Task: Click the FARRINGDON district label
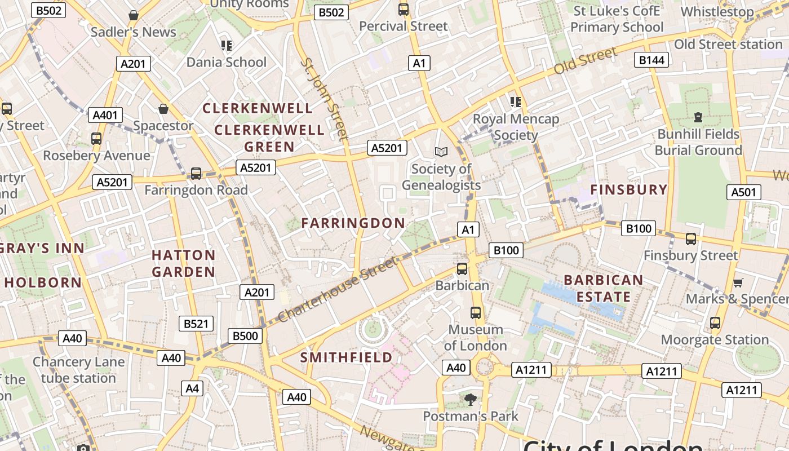[x=353, y=223]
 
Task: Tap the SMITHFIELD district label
[x=346, y=357]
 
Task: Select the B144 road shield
[x=651, y=60]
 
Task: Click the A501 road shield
[x=743, y=192]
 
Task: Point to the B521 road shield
[x=196, y=324]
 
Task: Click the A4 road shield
[x=192, y=388]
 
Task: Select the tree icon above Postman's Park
[x=470, y=400]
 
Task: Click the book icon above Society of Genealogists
[x=441, y=152]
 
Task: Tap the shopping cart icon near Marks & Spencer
[x=738, y=282]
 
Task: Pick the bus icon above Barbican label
[x=462, y=268]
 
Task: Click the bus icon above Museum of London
[x=476, y=312]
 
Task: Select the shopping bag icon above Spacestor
[x=163, y=108]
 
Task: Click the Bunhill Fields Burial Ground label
[x=698, y=142]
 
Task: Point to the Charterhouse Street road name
[x=338, y=289]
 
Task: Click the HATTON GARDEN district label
[x=184, y=263]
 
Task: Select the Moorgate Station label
[x=715, y=340]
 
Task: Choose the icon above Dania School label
[x=226, y=45]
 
